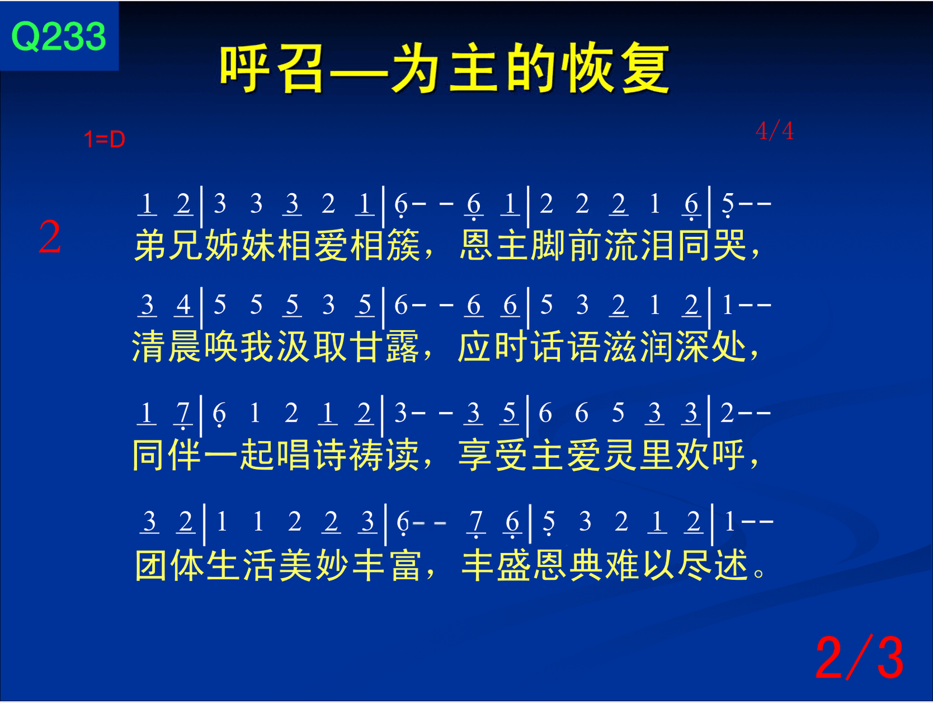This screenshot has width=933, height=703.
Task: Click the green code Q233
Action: tap(59, 37)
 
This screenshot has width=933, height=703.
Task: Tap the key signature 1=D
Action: tap(104, 139)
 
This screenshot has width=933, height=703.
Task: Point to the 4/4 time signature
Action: tap(774, 131)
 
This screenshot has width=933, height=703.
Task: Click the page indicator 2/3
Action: tap(860, 657)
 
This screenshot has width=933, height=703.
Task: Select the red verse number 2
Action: tap(50, 237)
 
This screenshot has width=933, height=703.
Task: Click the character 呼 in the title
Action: tap(244, 68)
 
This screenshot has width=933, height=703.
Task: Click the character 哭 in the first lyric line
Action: tap(730, 245)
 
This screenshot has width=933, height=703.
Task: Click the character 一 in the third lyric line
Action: tap(220, 456)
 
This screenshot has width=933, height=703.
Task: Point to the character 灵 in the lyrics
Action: tap(620, 455)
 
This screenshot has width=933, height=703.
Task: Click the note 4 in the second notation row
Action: tap(184, 305)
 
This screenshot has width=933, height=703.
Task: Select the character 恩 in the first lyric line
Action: tap(476, 245)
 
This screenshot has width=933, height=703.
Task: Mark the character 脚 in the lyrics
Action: tap(549, 245)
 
